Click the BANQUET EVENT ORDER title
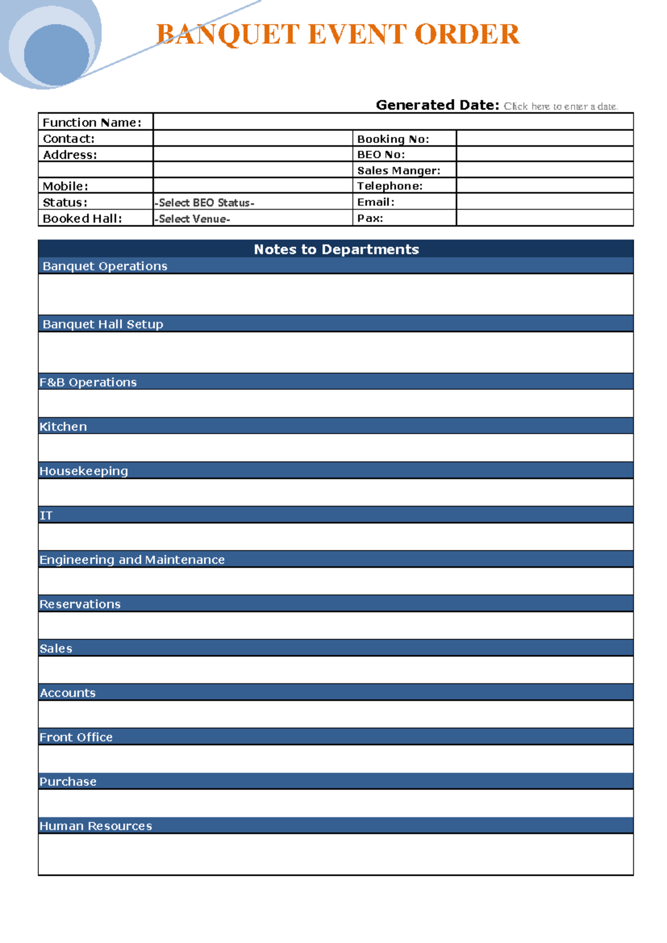[337, 34]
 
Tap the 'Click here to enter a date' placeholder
[560, 106]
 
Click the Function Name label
[92, 122]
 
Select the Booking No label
[392, 139]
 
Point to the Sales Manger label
[398, 171]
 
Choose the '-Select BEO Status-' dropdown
[205, 203]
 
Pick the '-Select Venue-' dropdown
[192, 219]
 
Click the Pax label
[370, 219]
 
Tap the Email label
[375, 202]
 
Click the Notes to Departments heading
[336, 249]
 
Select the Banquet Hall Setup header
[103, 324]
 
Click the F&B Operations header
[88, 383]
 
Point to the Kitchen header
[63, 426]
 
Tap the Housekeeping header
[83, 471]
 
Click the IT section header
[46, 515]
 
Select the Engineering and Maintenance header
[132, 560]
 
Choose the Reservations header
[79, 604]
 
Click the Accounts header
[67, 693]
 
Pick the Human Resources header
[96, 826]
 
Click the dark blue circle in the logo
[56, 55]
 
